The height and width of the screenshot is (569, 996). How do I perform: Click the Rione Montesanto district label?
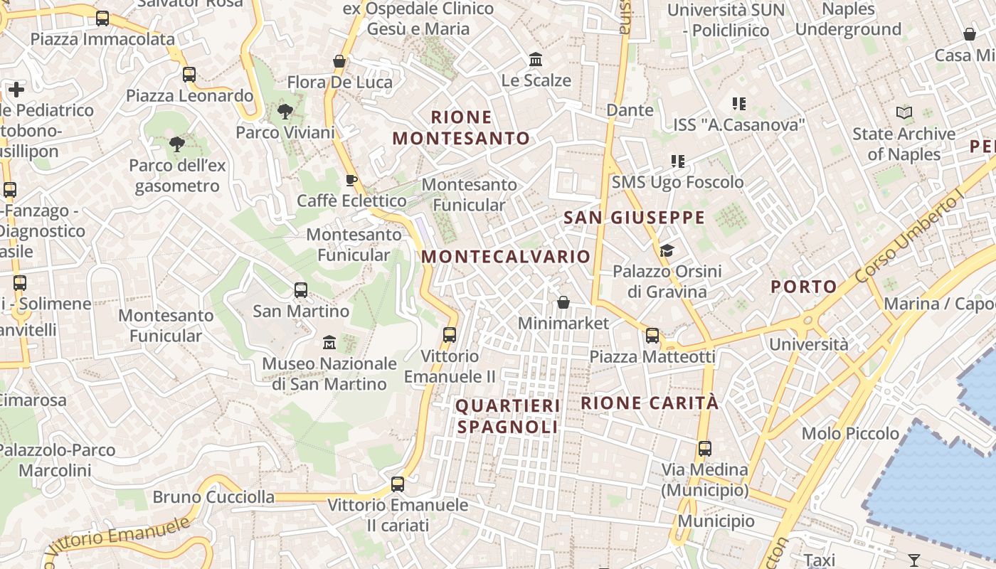462,127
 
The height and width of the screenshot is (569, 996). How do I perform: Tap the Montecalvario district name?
507,256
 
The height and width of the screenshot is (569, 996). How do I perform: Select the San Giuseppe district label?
634,218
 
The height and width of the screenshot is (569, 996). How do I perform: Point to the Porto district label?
804,287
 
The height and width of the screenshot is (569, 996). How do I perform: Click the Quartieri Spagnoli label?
508,416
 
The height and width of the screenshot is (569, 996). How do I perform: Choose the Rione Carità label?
650,403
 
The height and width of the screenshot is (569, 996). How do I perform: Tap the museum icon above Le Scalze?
536,59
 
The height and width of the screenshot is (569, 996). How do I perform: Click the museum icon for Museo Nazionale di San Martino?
329,344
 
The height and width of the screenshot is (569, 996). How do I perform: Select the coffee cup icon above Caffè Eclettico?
350,180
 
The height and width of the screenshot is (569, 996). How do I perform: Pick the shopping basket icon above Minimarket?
563,302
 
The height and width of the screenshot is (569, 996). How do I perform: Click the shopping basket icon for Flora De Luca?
339,61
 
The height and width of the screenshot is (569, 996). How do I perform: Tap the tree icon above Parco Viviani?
285,112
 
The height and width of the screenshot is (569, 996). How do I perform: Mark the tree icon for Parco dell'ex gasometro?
176,145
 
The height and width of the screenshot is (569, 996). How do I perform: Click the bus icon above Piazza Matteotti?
652,336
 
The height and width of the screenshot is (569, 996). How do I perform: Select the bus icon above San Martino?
301,290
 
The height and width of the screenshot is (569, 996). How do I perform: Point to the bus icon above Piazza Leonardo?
189,75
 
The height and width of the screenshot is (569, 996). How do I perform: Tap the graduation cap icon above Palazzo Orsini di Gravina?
667,250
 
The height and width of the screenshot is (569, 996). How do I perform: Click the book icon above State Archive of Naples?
904,113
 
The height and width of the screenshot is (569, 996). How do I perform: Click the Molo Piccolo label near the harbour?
850,433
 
